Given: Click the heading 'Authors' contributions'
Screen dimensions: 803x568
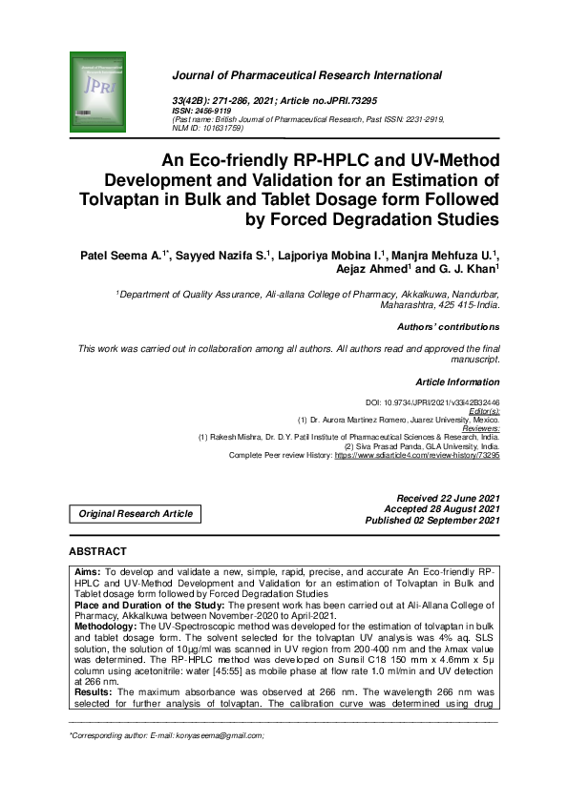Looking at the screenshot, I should (448, 327).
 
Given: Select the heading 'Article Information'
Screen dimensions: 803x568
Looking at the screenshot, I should (457, 381).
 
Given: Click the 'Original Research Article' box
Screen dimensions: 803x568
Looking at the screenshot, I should (136, 513).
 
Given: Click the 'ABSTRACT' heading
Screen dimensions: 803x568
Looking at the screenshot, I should (97, 552).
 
